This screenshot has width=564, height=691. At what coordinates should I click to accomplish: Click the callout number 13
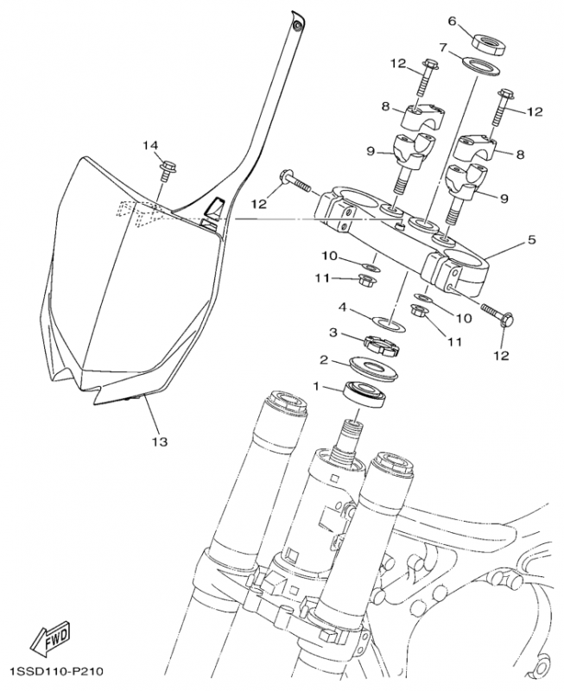pyautogui.click(x=159, y=441)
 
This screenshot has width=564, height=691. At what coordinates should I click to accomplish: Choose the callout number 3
pyautogui.click(x=331, y=333)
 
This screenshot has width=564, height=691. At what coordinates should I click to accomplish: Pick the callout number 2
pyautogui.click(x=323, y=360)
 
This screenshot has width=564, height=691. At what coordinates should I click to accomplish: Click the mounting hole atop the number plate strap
pyautogui.click(x=299, y=26)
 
